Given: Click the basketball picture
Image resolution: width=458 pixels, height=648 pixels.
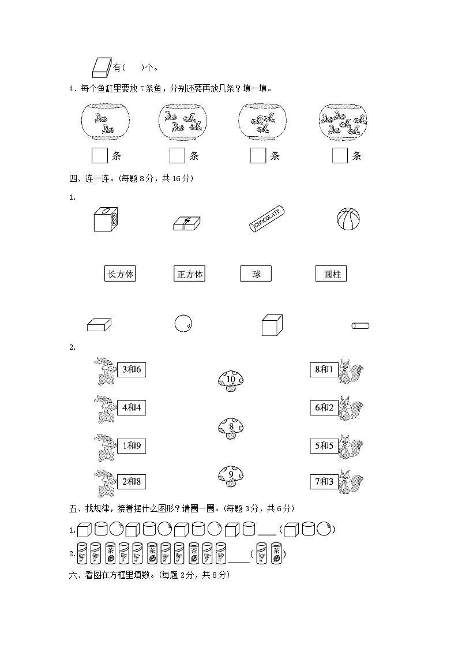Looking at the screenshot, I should [x=348, y=220].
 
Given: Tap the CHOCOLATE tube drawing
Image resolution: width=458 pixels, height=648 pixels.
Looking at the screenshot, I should [x=267, y=219].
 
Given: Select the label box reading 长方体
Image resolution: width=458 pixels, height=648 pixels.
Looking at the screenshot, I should [x=121, y=274].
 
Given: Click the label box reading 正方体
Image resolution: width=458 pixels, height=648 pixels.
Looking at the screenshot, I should [x=189, y=274].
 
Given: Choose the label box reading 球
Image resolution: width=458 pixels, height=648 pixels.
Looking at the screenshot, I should [x=256, y=274].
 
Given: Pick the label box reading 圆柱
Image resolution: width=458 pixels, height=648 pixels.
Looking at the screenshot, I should [x=331, y=274].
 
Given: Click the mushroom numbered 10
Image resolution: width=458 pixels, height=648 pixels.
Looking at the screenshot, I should [x=231, y=380].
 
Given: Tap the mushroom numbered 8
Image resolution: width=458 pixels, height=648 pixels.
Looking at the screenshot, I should [x=231, y=428].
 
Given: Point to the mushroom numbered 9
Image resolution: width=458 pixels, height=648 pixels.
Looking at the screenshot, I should [x=231, y=476].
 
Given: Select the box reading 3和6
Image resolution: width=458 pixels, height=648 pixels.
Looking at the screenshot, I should [x=131, y=369].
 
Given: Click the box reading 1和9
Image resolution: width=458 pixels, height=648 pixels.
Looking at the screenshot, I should [x=131, y=445].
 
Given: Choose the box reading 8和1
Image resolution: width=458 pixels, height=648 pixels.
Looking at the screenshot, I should [x=324, y=369].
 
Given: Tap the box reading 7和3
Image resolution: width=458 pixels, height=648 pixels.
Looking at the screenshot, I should [x=324, y=481].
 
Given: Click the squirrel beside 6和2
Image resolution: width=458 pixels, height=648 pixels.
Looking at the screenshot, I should [x=350, y=407].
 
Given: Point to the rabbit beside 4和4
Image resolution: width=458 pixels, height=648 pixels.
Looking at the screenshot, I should [x=104, y=409].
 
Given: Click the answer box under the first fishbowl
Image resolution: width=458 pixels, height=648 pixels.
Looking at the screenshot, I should [x=100, y=155].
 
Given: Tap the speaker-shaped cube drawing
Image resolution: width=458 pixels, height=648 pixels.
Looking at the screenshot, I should [x=105, y=220].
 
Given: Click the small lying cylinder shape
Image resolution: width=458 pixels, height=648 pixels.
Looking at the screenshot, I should [x=360, y=326].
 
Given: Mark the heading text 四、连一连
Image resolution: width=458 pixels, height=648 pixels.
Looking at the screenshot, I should [x=92, y=179].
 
